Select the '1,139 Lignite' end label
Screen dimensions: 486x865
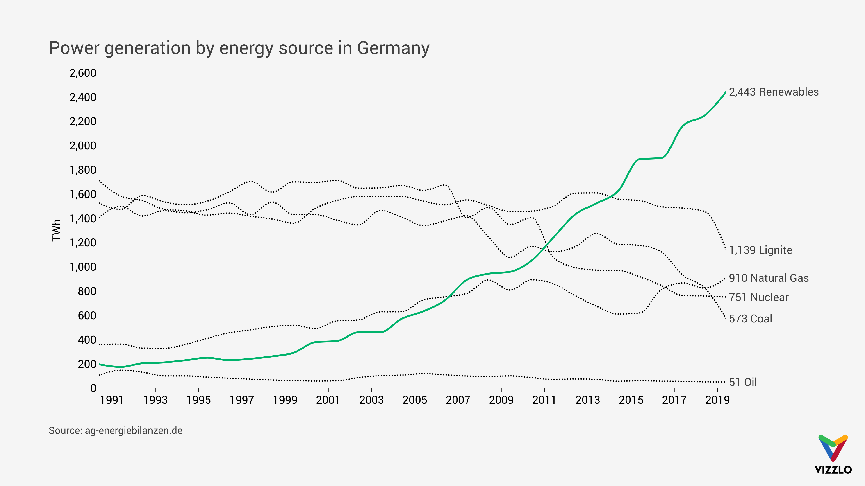click(760, 250)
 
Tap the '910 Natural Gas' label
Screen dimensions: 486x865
click(769, 278)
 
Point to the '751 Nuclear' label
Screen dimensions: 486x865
click(758, 297)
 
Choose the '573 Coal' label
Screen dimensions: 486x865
click(751, 319)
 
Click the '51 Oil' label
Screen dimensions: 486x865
click(743, 382)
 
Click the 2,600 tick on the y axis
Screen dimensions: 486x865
click(83, 73)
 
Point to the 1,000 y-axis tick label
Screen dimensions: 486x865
click(83, 267)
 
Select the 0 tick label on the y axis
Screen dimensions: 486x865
click(93, 388)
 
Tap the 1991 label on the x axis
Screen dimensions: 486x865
click(112, 400)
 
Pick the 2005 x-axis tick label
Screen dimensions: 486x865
click(415, 400)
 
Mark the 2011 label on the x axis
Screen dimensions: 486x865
click(544, 400)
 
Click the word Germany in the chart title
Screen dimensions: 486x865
click(393, 48)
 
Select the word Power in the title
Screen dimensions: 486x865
click(74, 48)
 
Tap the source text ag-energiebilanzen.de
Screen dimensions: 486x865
click(133, 431)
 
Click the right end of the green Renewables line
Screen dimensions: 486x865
click(725, 92)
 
